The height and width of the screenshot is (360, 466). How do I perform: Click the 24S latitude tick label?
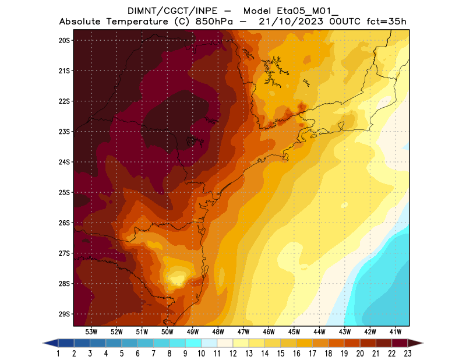[64, 162]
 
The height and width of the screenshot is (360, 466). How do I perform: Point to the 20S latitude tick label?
[64, 40]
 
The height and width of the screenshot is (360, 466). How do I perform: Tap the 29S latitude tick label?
[64, 314]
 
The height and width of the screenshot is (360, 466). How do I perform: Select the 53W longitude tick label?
[91, 332]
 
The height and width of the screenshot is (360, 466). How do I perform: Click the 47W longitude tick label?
[243, 332]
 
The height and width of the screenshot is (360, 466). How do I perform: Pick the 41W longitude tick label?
[396, 332]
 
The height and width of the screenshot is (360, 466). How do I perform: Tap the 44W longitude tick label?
[320, 332]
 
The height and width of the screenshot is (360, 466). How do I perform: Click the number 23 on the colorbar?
[408, 354]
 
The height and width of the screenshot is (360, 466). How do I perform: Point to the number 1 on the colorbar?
[59, 354]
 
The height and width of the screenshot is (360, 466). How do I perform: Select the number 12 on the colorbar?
[233, 354]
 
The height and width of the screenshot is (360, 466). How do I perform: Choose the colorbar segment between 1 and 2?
[66, 343]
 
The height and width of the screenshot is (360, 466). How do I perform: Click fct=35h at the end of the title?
[386, 22]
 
